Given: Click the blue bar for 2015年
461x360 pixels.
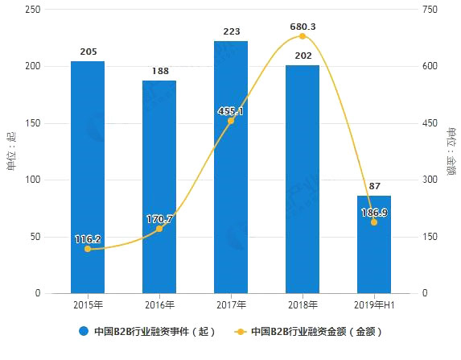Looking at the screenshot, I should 87,177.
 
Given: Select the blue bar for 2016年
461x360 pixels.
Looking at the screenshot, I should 159,187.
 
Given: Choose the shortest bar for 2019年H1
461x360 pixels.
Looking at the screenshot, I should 374,244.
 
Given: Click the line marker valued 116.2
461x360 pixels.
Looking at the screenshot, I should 87,249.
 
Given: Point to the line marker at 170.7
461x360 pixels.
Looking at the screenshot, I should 159,229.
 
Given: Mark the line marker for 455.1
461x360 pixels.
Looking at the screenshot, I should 231,121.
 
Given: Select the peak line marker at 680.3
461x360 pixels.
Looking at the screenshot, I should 303,36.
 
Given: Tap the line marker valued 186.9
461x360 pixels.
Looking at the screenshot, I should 374,222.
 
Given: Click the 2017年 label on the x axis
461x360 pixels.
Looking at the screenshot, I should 231,306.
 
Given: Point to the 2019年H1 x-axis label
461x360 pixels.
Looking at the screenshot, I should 374,306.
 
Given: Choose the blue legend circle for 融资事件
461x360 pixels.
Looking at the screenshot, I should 83,331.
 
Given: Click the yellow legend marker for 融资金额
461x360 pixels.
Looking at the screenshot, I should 240,331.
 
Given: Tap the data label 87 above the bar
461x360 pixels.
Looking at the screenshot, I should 374,186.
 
